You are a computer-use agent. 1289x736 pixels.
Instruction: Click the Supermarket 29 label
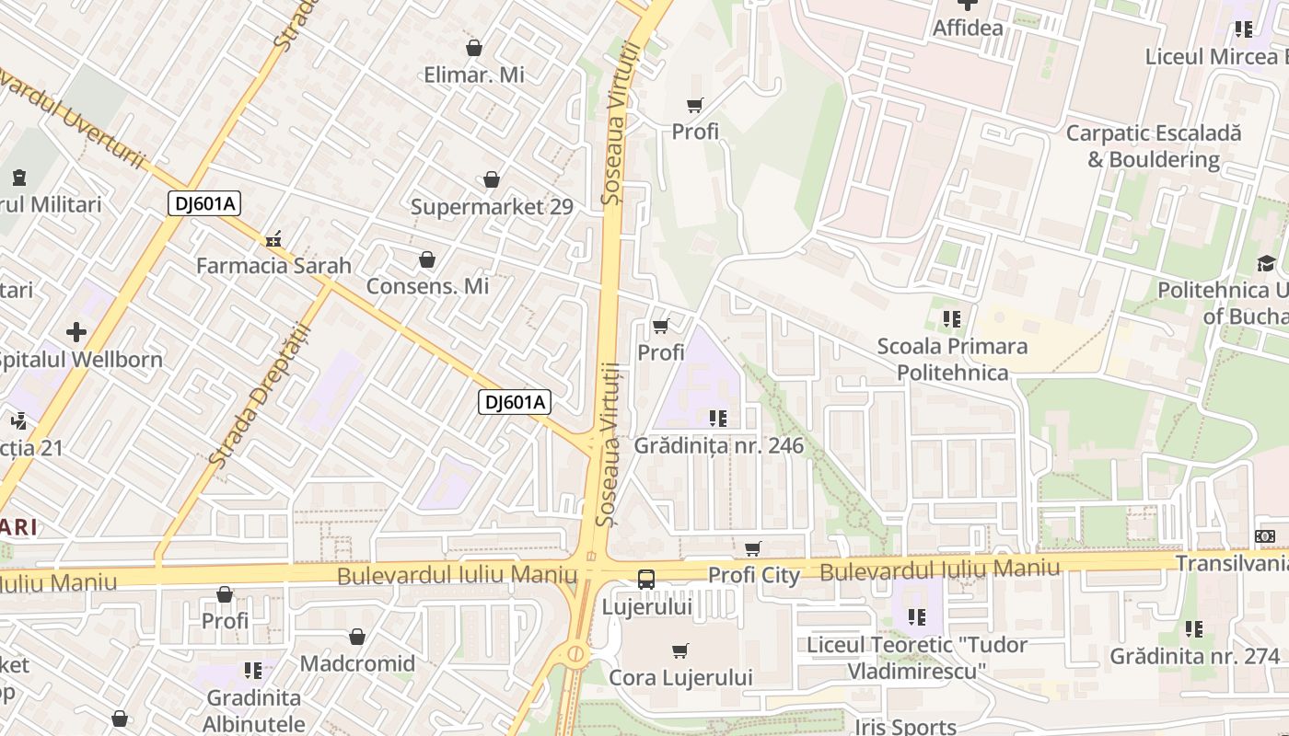492,207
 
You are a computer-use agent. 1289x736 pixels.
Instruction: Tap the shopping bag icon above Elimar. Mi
474,48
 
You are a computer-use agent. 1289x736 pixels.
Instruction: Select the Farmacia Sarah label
273,266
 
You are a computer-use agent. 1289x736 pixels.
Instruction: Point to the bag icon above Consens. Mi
427,260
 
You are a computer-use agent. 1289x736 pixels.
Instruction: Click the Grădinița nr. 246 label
719,446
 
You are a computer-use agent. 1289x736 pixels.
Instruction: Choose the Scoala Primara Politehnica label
952,359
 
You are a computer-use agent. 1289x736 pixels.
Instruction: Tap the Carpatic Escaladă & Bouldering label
1153,146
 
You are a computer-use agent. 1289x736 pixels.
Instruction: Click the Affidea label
968,28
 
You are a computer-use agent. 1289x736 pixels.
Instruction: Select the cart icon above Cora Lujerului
680,651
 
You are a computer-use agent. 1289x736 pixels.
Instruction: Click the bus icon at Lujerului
646,580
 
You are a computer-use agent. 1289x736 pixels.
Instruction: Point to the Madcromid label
357,663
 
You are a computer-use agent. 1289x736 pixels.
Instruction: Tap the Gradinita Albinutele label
253,710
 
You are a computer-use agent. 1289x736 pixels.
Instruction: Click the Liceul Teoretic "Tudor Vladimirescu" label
916,658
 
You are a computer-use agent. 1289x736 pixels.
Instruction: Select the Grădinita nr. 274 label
1194,657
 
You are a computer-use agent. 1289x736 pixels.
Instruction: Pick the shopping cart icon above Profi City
753,549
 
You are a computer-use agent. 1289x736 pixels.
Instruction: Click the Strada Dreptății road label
251,394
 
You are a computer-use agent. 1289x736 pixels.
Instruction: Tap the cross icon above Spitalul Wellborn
76,332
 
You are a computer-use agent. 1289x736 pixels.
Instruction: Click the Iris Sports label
905,727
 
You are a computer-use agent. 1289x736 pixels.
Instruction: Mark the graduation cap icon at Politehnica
1266,264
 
